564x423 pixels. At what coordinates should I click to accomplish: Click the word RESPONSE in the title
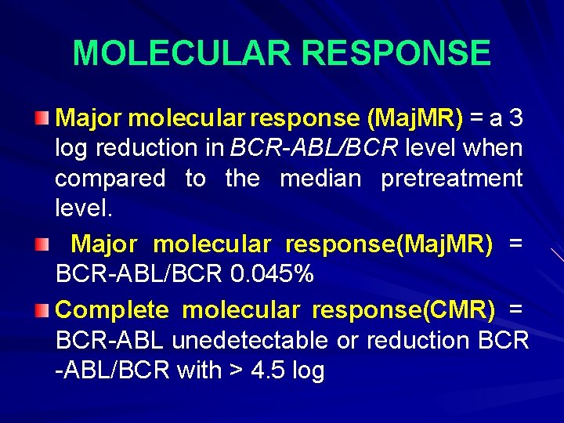coord(396,53)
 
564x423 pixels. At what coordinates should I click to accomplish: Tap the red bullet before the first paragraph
coord(45,118)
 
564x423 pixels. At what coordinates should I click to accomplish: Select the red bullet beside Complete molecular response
coord(45,310)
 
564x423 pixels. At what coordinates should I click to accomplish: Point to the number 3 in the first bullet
coord(515,118)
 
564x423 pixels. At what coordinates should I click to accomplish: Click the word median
coord(320,179)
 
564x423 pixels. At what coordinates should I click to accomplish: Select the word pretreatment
coord(451,179)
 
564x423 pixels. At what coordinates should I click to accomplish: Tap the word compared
coord(110,179)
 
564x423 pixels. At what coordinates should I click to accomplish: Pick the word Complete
coord(112,310)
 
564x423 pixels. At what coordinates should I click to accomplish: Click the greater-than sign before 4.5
coord(237,371)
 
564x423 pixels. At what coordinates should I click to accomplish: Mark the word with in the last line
coord(200,371)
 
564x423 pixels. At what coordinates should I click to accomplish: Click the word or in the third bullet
coord(349,341)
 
